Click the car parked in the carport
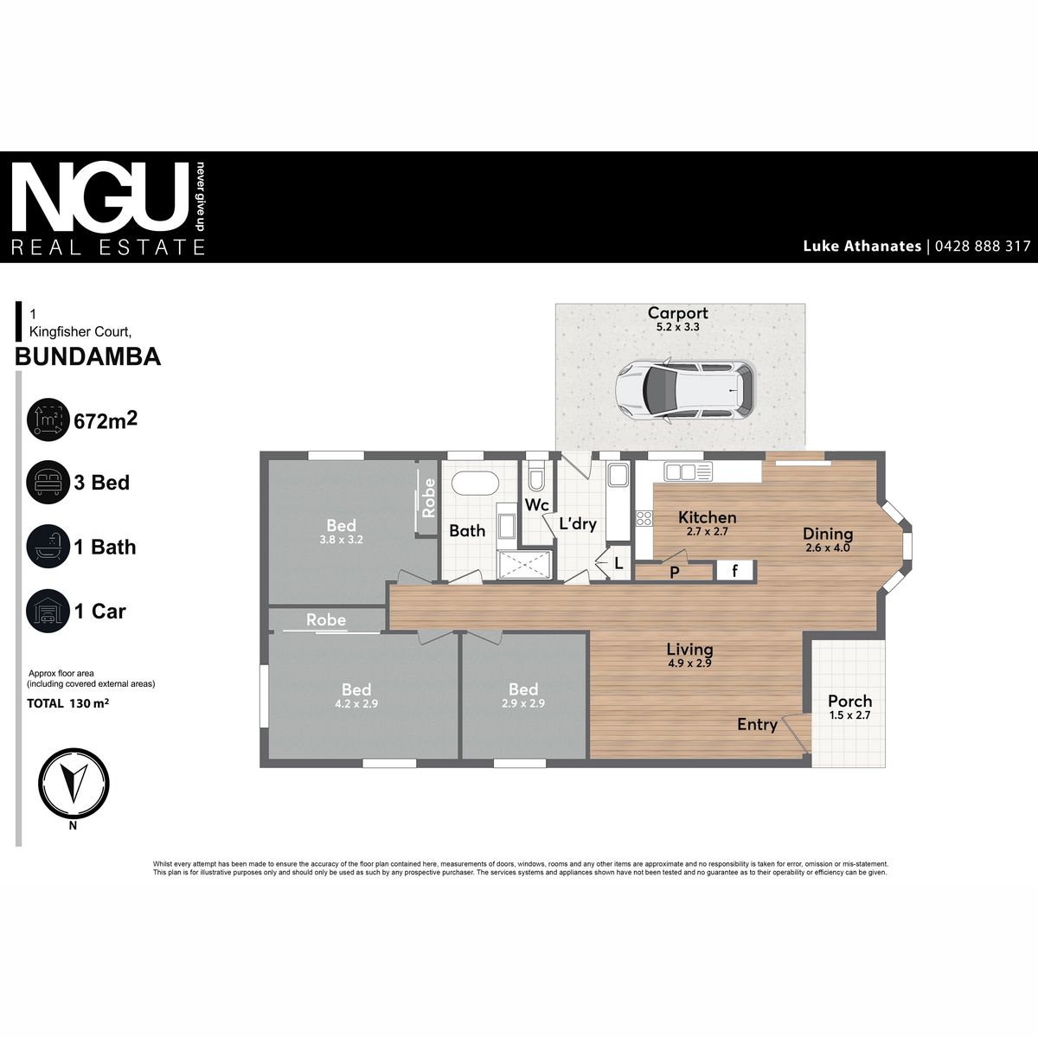tap(685, 390)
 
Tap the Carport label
tap(677, 313)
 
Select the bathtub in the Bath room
tap(476, 484)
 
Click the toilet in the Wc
tap(536, 474)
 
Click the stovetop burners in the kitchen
tap(644, 519)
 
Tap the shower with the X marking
tap(524, 565)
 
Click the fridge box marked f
tap(735, 570)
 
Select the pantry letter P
tap(675, 573)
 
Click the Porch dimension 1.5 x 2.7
tap(850, 715)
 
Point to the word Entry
tap(757, 725)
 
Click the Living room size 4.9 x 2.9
tap(689, 663)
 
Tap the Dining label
tap(828, 534)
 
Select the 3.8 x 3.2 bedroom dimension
tap(341, 539)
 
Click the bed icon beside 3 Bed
tap(48, 482)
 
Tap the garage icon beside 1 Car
tap(48, 611)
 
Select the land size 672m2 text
tap(106, 420)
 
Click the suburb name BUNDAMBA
tap(88, 356)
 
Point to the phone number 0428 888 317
tap(983, 247)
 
